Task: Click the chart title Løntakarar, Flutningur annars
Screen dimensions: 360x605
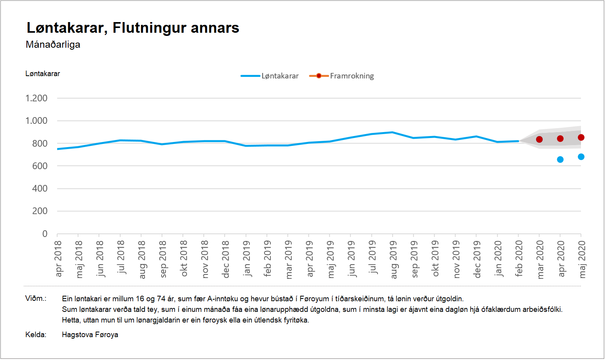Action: pyautogui.click(x=133, y=28)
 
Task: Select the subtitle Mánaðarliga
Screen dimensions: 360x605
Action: pyautogui.click(x=53, y=45)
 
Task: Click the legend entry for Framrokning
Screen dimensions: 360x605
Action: pyautogui.click(x=342, y=76)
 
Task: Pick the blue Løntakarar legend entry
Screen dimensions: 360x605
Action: pyautogui.click(x=270, y=76)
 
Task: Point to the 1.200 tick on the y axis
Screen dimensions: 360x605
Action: pyautogui.click(x=36, y=98)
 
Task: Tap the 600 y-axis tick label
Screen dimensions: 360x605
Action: pyautogui.click(x=39, y=166)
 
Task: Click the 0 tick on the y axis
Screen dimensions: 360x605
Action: pyautogui.click(x=45, y=234)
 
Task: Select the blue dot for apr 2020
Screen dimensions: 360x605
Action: pyautogui.click(x=560, y=160)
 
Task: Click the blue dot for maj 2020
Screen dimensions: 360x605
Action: pyautogui.click(x=581, y=157)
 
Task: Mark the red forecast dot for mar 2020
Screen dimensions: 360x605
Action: pyautogui.click(x=539, y=140)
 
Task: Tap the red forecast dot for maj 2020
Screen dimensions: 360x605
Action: pyautogui.click(x=581, y=138)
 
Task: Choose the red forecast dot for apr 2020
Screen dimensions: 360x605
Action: pyautogui.click(x=560, y=139)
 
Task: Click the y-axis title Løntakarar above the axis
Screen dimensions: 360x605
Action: pyautogui.click(x=43, y=74)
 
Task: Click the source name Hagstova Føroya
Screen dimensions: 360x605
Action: pyautogui.click(x=90, y=335)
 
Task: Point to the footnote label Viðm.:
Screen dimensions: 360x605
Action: pyautogui.click(x=36, y=298)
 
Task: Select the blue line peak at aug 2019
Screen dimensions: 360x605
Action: pyautogui.click(x=392, y=132)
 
